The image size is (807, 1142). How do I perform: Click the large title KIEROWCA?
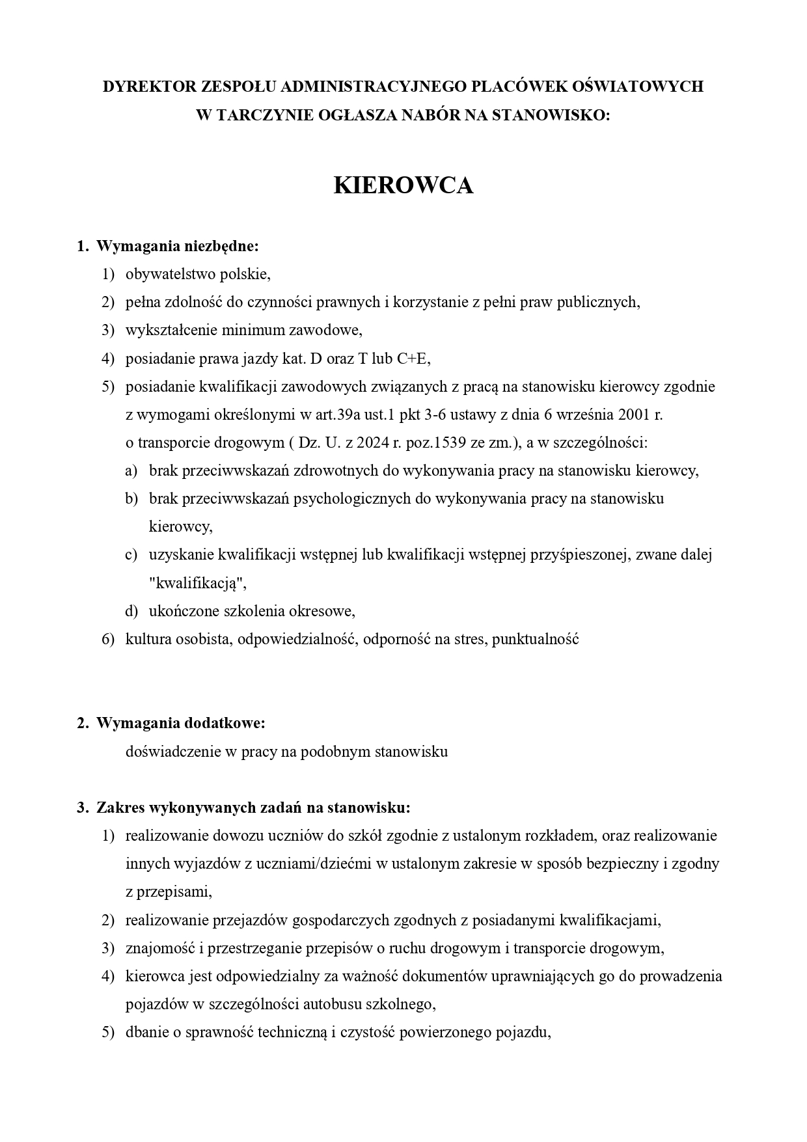click(x=403, y=185)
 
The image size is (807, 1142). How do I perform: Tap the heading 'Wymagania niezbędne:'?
click(x=177, y=246)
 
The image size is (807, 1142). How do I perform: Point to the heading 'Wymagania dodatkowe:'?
click(x=180, y=723)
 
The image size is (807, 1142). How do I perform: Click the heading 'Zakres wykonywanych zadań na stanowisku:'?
click(x=253, y=808)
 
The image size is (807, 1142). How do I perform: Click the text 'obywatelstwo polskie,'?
click(x=198, y=274)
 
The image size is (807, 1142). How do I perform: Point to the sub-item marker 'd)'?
click(x=131, y=611)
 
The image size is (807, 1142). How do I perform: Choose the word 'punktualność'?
click(x=535, y=639)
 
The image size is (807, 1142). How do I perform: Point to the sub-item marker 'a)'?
click(x=131, y=470)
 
